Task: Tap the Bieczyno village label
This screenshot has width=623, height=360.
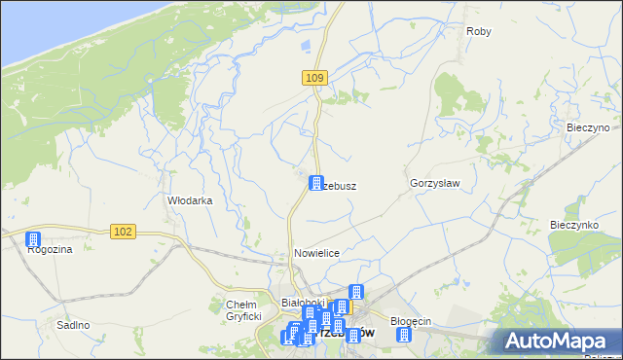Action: [587, 127]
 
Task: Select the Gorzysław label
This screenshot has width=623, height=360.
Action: [434, 183]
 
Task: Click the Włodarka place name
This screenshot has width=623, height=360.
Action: [190, 200]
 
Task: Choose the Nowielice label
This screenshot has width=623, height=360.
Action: [316, 253]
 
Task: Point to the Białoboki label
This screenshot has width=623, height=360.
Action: [301, 303]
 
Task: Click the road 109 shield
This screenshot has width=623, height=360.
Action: [312, 77]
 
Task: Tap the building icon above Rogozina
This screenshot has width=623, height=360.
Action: [33, 238]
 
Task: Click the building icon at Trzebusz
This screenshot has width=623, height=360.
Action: [316, 182]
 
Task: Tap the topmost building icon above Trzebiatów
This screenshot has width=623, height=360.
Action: [355, 291]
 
